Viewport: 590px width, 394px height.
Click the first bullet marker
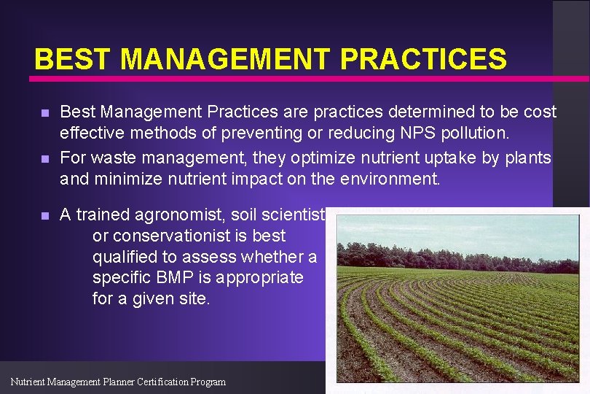[x=44, y=114]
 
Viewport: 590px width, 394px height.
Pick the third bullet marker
[x=44, y=216]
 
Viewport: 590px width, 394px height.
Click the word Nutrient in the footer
[x=30, y=382]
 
